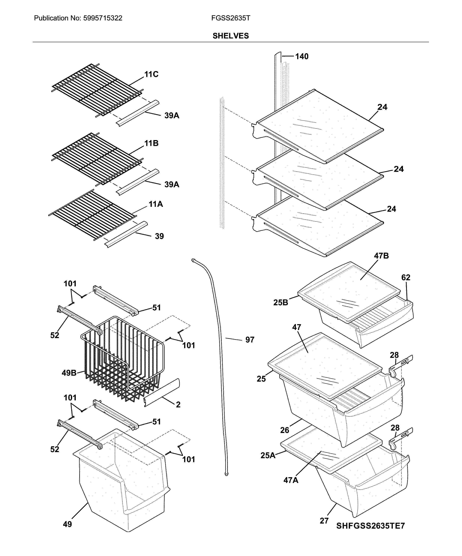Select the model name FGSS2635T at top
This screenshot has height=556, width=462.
coord(231,18)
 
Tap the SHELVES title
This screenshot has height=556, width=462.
coord(231,36)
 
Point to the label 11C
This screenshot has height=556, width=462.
coord(151,74)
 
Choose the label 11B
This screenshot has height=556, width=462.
coord(151,143)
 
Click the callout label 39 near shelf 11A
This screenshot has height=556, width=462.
coord(159,236)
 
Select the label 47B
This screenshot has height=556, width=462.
coord(381,256)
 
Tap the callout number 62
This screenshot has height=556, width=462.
coord(406,278)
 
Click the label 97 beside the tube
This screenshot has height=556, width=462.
coord(250,340)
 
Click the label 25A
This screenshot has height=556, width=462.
coord(268,455)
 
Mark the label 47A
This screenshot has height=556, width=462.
coord(291,480)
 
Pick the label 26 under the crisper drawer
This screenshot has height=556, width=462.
coord(285,430)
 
